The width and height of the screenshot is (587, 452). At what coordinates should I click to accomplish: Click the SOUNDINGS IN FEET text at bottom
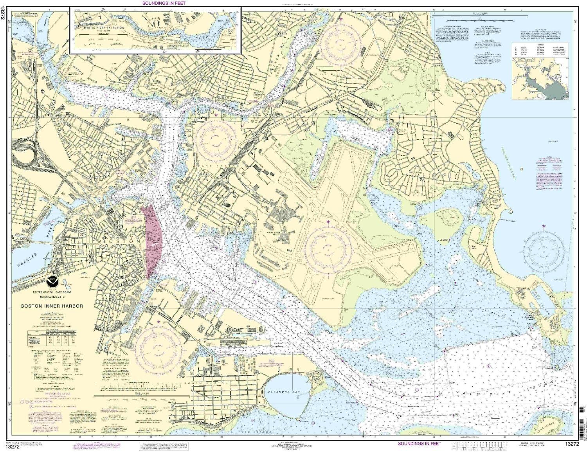click(420, 443)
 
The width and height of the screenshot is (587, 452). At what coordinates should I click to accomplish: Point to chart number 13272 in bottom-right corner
click(571, 443)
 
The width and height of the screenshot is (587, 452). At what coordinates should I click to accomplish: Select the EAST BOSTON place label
click(221, 166)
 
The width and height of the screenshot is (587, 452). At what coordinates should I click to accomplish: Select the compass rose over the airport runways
click(328, 247)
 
